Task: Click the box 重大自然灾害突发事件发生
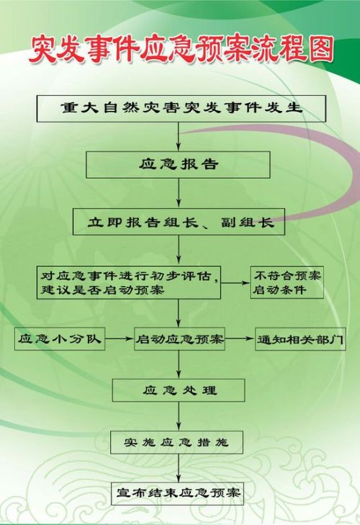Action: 181,109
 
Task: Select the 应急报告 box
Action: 178,165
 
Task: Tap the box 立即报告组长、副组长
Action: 179,222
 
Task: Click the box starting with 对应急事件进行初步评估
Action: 129,282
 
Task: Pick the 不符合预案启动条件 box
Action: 287,282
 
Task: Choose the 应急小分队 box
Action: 60,339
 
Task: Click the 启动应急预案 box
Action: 179,339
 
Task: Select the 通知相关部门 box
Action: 300,339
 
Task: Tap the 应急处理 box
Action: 179,390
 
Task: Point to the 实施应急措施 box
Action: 177,442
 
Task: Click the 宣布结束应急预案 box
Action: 178,493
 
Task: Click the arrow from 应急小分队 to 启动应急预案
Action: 120,339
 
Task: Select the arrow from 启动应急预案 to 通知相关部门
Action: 240,338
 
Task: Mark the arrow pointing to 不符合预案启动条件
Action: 235,283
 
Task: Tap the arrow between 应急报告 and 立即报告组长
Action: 179,193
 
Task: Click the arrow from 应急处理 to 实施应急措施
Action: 179,416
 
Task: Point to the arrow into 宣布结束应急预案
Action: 179,467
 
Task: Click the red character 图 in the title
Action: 320,49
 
